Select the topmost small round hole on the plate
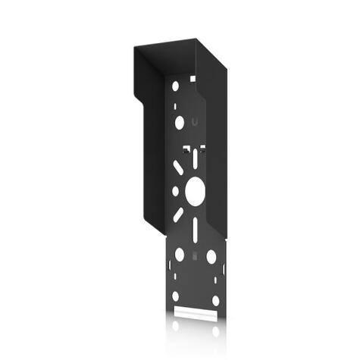(x=176, y=86)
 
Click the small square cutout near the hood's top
(x=193, y=78)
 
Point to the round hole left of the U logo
(x=179, y=121)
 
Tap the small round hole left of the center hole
(x=175, y=191)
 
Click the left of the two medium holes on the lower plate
(x=180, y=255)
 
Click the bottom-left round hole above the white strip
(x=176, y=296)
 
